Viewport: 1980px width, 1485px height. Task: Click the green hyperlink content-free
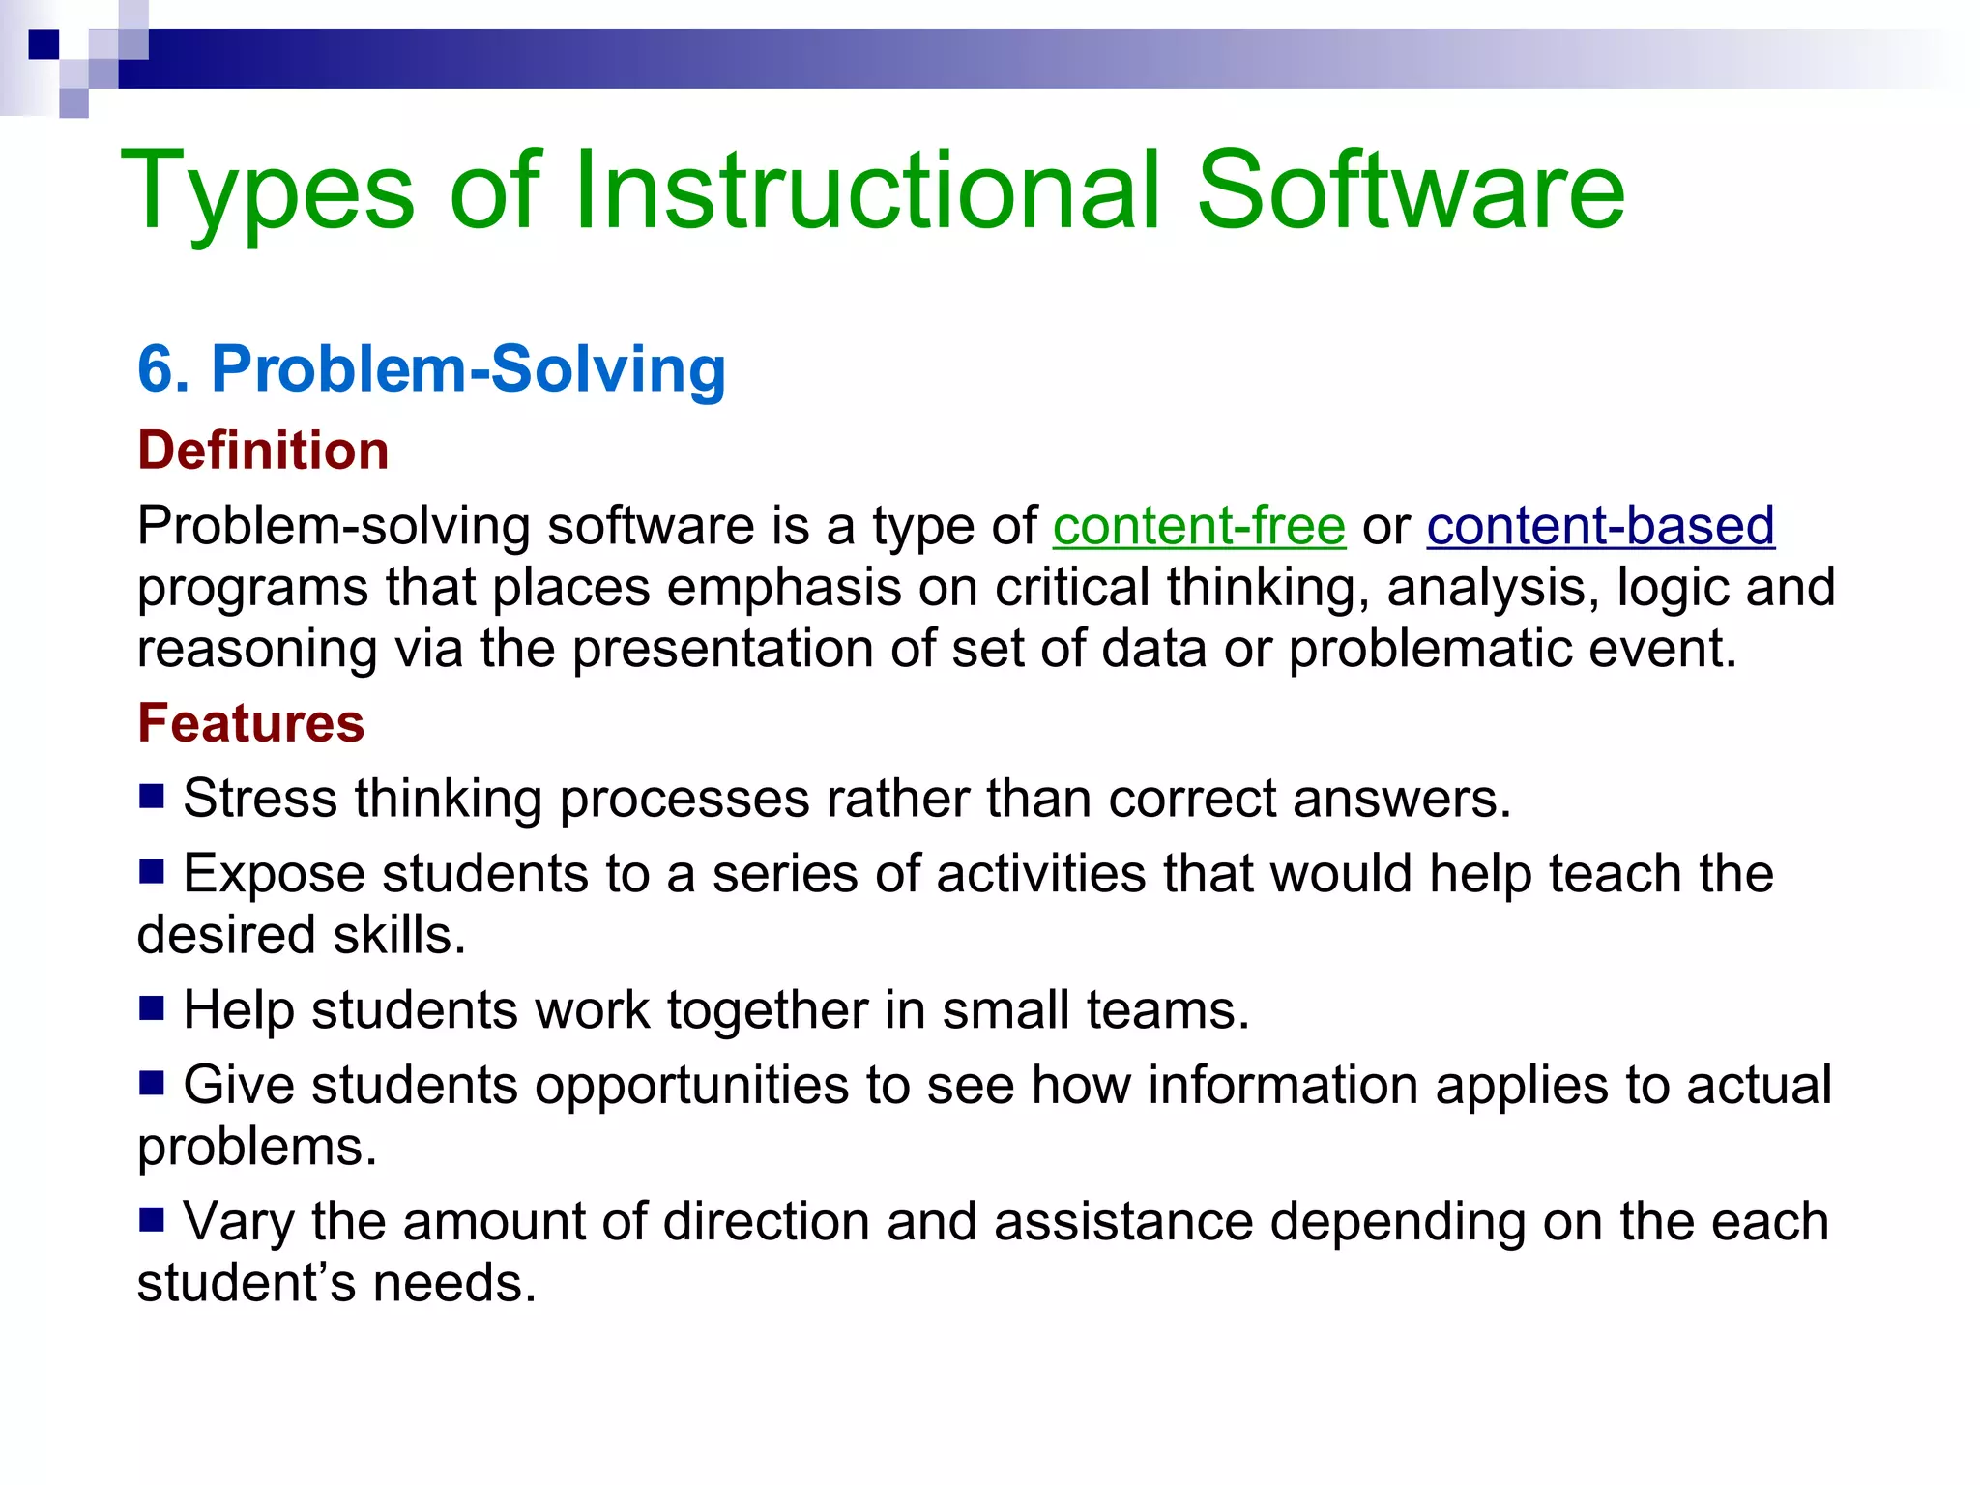click(x=1199, y=527)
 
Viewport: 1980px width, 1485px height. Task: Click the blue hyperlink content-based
click(x=1600, y=527)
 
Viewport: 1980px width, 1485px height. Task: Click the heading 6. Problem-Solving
click(x=431, y=369)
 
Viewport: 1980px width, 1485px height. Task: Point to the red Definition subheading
click(x=263, y=451)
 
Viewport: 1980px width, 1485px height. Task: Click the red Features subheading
click(x=250, y=723)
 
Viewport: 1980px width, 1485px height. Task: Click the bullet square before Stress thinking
click(x=152, y=796)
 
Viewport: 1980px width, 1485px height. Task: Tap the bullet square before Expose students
click(x=152, y=872)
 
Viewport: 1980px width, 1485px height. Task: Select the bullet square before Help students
click(x=152, y=1008)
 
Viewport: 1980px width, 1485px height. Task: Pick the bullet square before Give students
click(x=152, y=1083)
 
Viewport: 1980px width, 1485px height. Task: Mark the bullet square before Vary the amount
click(x=152, y=1219)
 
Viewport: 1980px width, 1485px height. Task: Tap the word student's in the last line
click(x=247, y=1284)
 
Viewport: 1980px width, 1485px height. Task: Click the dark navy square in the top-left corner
click(x=44, y=44)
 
